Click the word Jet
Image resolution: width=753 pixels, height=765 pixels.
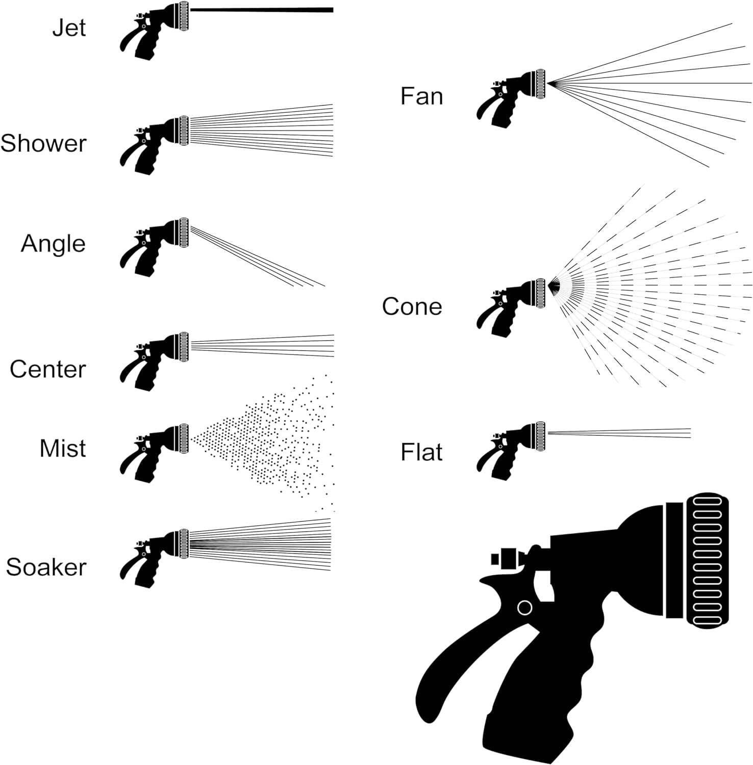click(69, 28)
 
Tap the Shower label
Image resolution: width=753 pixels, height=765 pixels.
click(43, 144)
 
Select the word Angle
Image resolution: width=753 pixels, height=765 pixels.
click(53, 244)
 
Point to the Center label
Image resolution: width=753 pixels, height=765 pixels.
click(47, 369)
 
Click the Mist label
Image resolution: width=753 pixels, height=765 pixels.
click(63, 449)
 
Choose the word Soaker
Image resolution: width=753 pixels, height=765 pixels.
click(46, 567)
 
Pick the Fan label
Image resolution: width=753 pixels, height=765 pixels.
click(421, 96)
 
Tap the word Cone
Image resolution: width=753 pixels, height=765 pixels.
click(412, 307)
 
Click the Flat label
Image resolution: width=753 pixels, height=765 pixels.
click(421, 452)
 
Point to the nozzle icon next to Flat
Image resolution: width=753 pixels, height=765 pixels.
click(511, 451)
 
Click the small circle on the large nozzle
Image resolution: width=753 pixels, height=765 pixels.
click(524, 608)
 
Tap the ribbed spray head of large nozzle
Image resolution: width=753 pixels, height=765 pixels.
click(708, 561)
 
